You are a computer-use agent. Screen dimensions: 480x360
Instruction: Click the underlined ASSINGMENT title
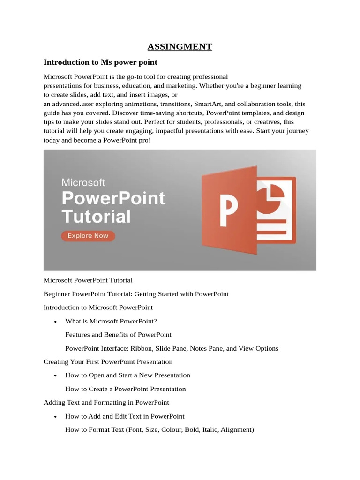[180, 46]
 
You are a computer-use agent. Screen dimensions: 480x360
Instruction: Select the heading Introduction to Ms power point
[100, 62]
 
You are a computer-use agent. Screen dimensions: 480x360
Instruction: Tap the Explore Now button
[88, 236]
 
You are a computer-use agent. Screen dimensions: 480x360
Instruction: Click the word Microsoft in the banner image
[83, 182]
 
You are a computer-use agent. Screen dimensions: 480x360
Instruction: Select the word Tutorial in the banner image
[96, 217]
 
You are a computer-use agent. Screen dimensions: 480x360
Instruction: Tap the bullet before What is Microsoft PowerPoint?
[56, 322]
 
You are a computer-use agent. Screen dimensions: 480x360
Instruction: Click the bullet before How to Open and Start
[56, 375]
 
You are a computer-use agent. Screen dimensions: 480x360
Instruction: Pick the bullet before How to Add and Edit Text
[56, 416]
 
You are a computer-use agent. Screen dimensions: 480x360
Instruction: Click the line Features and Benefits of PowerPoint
[118, 335]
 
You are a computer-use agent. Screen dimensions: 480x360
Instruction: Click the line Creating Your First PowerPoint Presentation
[108, 362]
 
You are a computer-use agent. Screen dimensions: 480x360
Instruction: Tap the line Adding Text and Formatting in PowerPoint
[106, 402]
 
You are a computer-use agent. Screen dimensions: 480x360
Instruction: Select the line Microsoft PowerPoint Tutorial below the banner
[88, 280]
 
